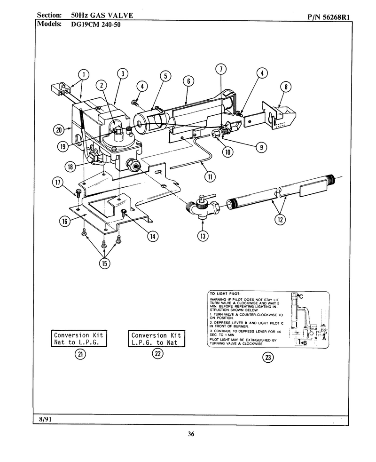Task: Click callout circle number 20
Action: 59,130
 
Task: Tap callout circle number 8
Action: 286,87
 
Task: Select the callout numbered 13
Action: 203,236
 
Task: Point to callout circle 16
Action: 65,221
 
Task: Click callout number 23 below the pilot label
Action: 268,358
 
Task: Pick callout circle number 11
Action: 210,176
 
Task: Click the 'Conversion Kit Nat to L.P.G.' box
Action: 78,339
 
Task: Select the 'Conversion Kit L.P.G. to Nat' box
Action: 157,339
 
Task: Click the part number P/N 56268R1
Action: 329,17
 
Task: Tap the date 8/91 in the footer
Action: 46,419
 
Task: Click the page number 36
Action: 191,434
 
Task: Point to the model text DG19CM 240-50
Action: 96,24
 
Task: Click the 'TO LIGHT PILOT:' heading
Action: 225,294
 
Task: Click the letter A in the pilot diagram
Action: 324,338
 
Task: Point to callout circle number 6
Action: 188,81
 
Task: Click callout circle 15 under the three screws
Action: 104,263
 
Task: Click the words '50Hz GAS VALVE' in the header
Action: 102,16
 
